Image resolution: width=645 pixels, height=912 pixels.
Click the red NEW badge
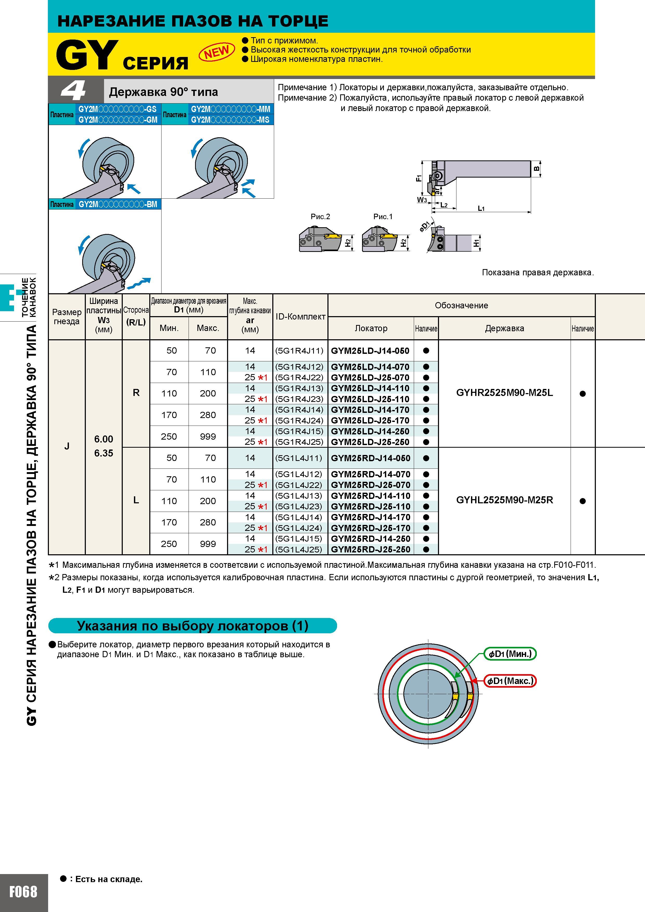click(217, 52)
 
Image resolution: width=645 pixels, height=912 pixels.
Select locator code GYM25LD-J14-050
click(370, 351)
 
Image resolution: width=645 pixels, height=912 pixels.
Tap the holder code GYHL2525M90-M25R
click(504, 500)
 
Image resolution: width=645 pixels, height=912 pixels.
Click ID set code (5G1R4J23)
click(299, 399)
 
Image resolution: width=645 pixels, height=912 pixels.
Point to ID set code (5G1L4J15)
click(299, 539)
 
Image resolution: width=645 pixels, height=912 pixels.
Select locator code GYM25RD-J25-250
click(370, 549)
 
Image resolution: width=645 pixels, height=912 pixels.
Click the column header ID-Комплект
click(300, 317)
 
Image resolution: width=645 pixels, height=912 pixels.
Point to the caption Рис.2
click(320, 217)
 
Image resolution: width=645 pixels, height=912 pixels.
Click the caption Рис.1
click(383, 217)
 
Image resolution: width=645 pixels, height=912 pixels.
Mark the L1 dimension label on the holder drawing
click(481, 208)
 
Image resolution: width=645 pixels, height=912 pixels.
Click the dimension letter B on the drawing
click(537, 168)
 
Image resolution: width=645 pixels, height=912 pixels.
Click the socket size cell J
click(67, 446)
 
